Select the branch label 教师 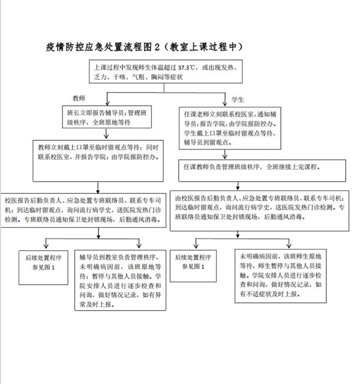click(x=80, y=97)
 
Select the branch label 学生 click(x=237, y=97)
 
